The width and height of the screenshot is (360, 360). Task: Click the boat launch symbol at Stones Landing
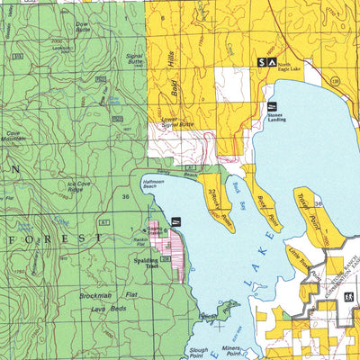coord(270,107)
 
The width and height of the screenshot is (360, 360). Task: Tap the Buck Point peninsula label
coord(265,211)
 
